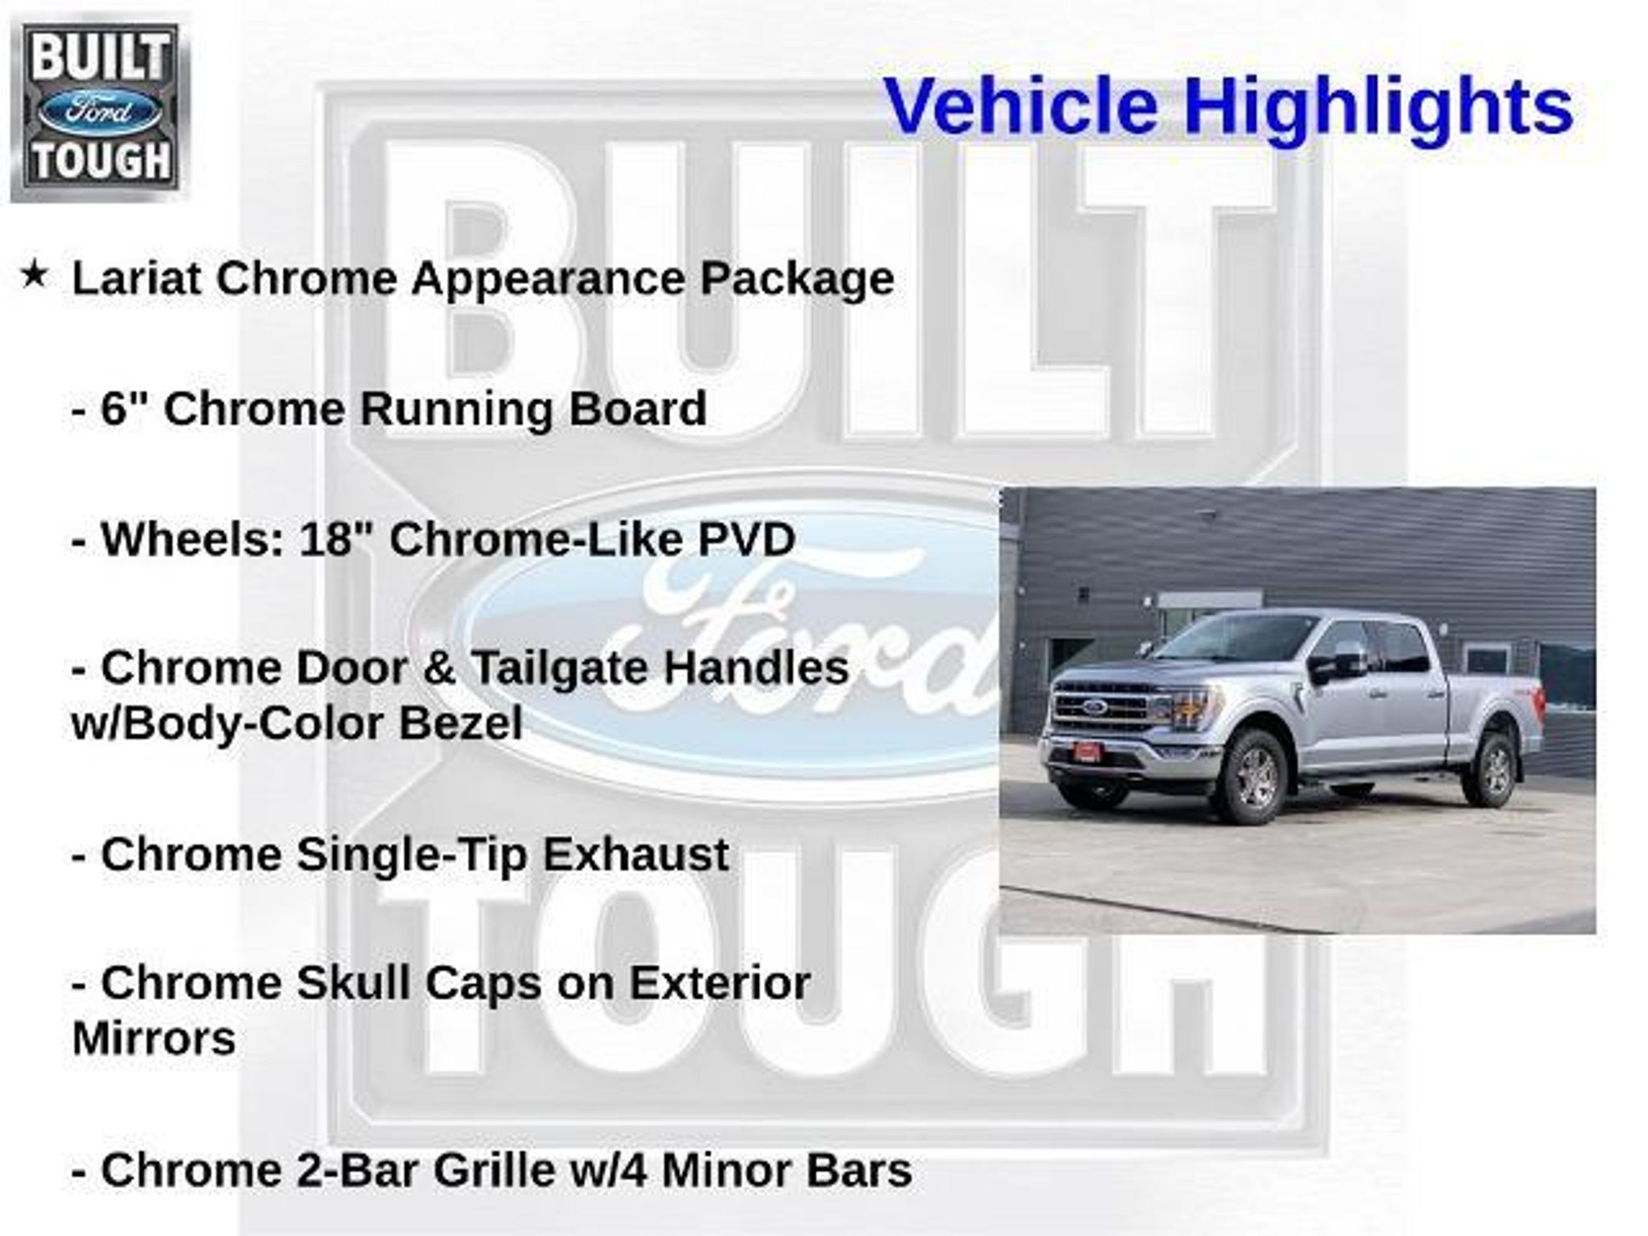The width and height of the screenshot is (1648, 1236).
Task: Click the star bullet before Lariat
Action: pos(34,275)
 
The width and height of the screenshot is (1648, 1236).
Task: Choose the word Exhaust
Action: pos(636,854)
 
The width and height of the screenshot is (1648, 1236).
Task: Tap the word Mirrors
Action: pos(154,1039)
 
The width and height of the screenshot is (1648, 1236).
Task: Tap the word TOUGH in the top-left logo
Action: pos(100,160)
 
